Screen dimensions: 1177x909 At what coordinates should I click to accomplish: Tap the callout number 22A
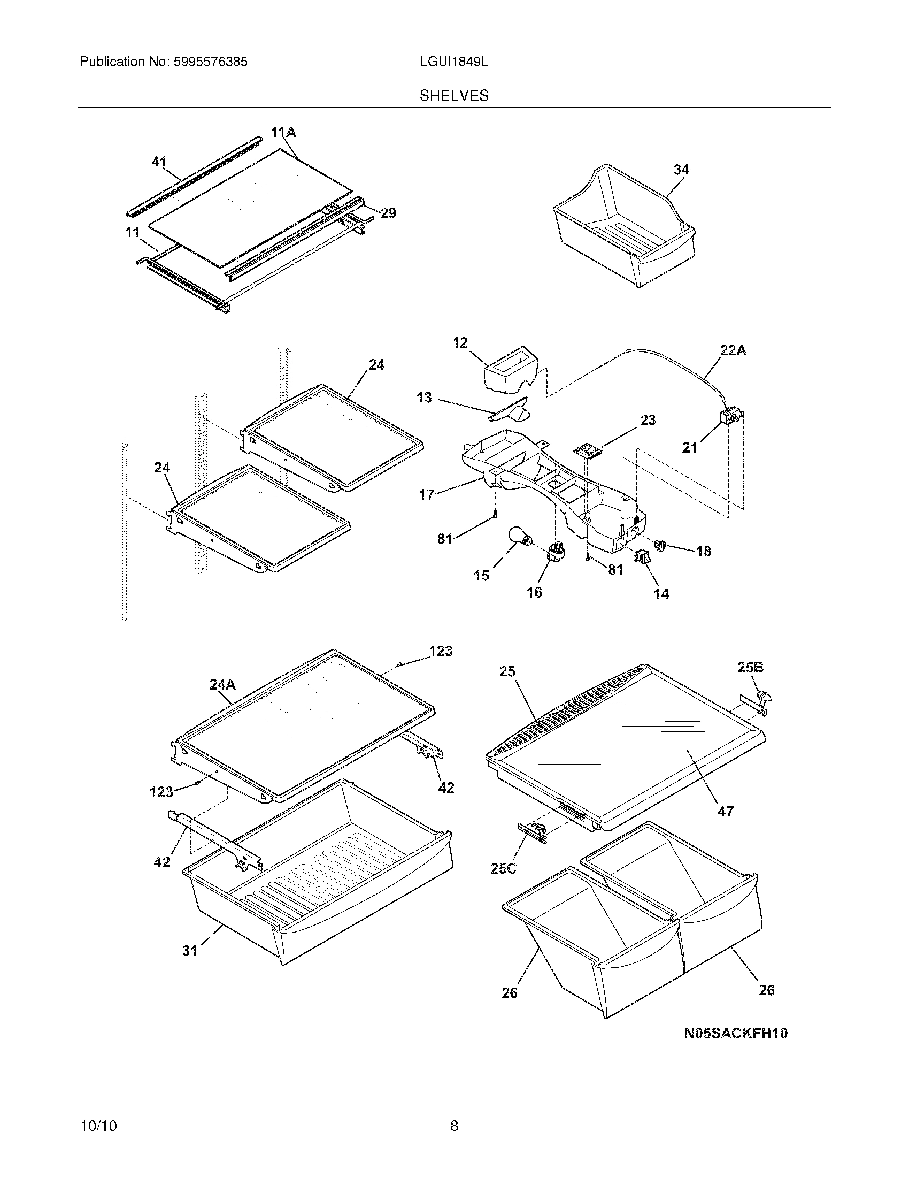(733, 350)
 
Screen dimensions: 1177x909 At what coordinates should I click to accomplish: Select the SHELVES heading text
(454, 96)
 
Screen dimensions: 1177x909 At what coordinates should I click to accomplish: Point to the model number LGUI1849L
(454, 62)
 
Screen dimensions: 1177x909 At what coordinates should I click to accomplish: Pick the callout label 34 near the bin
(681, 170)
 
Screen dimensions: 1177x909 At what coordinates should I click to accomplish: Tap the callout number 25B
(750, 668)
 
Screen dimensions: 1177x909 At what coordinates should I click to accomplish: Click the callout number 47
(726, 811)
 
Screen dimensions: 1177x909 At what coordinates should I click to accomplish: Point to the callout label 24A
(222, 684)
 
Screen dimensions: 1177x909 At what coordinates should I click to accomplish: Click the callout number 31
(190, 951)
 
